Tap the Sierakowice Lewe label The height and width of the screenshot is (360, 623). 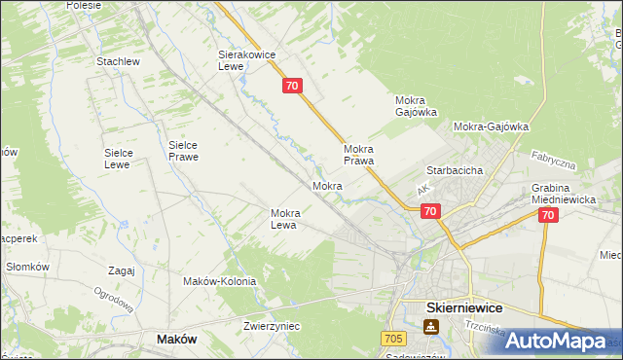click(243, 62)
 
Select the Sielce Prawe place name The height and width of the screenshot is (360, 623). click(183, 150)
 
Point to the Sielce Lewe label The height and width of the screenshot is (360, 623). click(126, 159)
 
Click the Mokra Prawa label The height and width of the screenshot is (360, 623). click(359, 155)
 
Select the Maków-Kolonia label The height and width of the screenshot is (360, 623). click(220, 281)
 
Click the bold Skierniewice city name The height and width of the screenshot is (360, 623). click(464, 306)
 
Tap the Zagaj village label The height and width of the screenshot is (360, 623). click(122, 270)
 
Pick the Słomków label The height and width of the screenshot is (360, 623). click(27, 267)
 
